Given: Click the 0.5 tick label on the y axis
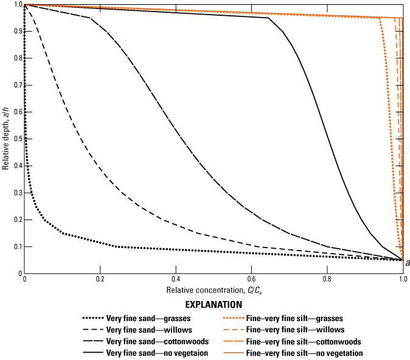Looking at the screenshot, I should [15, 139].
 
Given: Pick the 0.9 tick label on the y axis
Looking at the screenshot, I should [15, 31].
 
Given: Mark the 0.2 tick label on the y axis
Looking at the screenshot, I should [15, 220].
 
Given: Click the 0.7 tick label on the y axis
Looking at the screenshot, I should [15, 85].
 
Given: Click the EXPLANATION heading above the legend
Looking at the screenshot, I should [212, 305].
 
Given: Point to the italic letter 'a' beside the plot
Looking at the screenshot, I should [407, 263].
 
